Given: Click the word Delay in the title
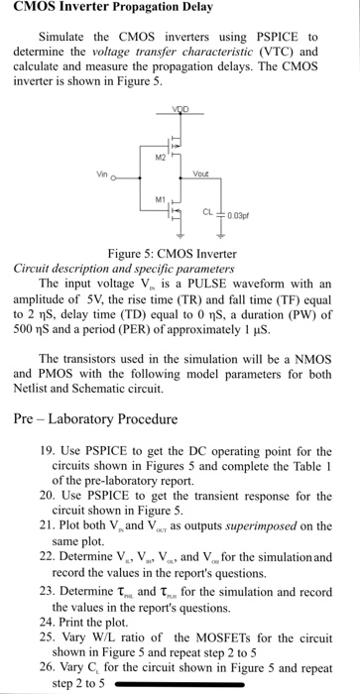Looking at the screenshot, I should tap(188, 9).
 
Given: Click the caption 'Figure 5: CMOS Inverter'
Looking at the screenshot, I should tap(179, 255).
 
